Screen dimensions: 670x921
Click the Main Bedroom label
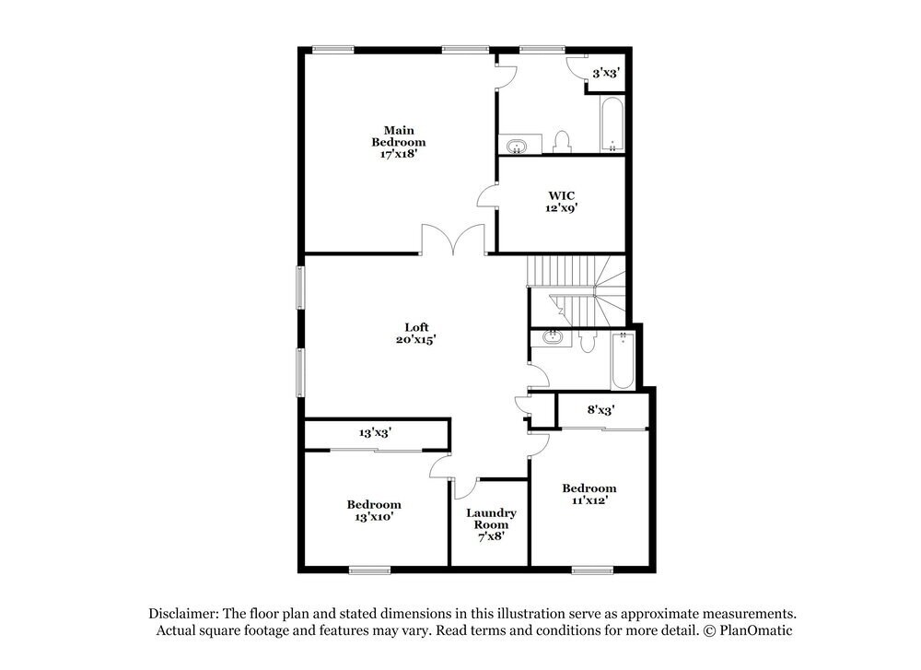point(398,135)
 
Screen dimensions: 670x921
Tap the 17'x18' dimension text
point(398,155)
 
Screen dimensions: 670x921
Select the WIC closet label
point(562,195)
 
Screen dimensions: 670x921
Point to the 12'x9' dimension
point(562,208)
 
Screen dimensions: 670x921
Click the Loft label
point(416,326)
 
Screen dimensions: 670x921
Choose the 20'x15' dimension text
point(416,339)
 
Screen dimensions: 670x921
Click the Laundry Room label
point(491,519)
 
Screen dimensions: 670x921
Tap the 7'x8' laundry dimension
point(490,535)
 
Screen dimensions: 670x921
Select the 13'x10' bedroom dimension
point(373,518)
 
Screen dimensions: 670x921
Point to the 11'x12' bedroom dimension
point(589,501)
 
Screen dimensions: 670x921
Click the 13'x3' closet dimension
point(376,431)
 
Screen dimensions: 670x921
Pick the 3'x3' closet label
point(605,72)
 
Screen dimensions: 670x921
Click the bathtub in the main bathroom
point(612,126)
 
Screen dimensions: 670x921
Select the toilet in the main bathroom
point(563,142)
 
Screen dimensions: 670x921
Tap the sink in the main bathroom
point(516,146)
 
